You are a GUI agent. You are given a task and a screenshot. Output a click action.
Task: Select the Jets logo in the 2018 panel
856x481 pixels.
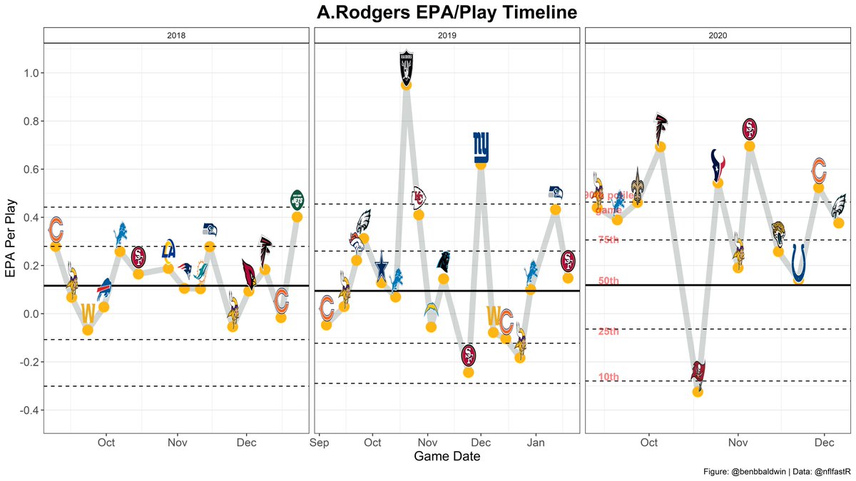pos(297,200)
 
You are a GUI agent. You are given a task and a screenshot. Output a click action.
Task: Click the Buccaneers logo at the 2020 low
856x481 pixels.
pos(698,371)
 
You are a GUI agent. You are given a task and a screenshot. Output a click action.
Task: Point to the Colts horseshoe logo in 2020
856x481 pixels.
pos(799,262)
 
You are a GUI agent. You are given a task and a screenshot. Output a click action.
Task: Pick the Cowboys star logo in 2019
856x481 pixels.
pos(382,261)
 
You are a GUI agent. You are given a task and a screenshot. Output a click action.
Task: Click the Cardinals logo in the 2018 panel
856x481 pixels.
pos(250,272)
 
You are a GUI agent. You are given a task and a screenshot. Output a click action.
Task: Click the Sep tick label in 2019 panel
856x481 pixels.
pos(319,443)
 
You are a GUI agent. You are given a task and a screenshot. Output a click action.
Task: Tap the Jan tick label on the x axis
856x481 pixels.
pos(536,443)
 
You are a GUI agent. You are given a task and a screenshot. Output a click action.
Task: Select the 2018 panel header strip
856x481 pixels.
pos(176,34)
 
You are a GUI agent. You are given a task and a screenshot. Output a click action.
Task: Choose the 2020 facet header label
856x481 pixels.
pos(717,34)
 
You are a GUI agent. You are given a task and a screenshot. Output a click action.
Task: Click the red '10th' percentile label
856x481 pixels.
pos(608,378)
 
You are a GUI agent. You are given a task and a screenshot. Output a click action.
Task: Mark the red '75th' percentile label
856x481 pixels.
pos(608,239)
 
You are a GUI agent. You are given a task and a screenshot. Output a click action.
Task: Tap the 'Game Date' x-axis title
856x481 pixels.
pos(447,457)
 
